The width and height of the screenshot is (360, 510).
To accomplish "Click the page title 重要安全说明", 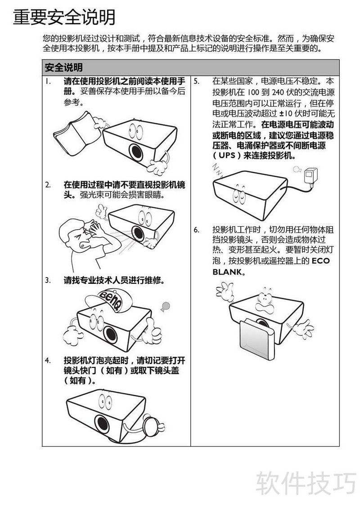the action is [64, 18].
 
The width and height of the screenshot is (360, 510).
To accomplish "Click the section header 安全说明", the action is [63, 67].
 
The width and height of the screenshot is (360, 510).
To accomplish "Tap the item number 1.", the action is [48, 81].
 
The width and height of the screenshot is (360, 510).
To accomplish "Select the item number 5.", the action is [196, 81].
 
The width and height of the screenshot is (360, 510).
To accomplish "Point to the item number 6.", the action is [196, 230].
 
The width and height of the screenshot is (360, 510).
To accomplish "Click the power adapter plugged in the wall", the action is [311, 177].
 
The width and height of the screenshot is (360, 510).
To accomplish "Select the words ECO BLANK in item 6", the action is [271, 266].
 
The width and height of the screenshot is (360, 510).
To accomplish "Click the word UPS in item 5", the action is [227, 155].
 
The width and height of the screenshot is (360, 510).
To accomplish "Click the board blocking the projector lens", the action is [256, 340].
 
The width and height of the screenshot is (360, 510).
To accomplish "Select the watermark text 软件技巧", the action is [306, 483].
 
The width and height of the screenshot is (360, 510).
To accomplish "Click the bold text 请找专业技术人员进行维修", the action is [114, 280].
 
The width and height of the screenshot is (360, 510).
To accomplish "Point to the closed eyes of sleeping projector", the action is [239, 196].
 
